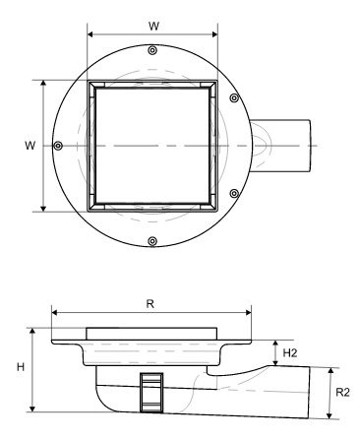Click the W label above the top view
point(153,26)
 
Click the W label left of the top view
point(30,146)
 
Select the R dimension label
point(150,304)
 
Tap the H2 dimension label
point(290,353)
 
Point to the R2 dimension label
point(343,392)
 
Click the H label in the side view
point(21,367)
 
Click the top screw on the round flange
point(152,50)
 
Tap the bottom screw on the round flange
point(152,241)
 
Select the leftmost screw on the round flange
point(58,146)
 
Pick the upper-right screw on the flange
point(234,97)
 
